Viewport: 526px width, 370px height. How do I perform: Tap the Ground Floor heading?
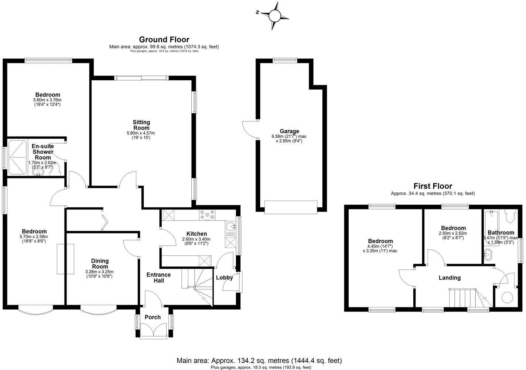(164, 40)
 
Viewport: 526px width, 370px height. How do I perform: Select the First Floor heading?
(433, 186)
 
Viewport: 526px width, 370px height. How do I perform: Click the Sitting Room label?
(141, 125)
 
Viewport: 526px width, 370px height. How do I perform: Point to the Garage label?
(289, 131)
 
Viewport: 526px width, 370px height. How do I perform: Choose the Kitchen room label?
(196, 234)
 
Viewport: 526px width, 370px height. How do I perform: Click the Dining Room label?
(100, 264)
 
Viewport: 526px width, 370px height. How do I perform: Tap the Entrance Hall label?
(158, 277)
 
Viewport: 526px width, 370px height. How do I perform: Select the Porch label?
(153, 317)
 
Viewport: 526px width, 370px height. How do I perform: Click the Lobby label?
(224, 277)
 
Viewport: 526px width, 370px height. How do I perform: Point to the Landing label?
(450, 277)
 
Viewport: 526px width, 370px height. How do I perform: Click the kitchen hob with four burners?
(207, 214)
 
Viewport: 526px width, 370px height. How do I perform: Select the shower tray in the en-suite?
(18, 157)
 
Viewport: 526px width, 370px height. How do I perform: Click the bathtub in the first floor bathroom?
(492, 228)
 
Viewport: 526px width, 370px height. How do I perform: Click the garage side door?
(249, 129)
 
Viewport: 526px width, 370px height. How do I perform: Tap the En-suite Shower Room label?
(42, 152)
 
